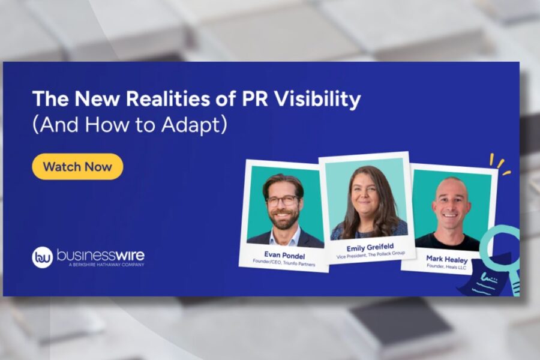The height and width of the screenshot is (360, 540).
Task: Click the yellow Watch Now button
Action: tap(77, 166)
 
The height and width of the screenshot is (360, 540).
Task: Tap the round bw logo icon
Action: tap(43, 257)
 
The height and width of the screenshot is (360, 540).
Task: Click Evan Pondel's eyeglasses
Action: tap(283, 201)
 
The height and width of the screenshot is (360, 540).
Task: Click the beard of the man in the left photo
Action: tap(284, 218)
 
